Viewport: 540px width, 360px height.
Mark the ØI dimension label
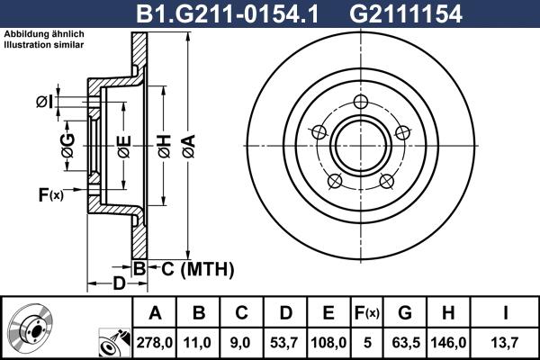(x=45, y=102)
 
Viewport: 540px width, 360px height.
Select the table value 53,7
(x=286, y=342)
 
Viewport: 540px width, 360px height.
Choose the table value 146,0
(x=447, y=342)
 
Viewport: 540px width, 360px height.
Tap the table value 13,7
(x=505, y=342)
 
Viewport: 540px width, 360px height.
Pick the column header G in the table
(x=404, y=314)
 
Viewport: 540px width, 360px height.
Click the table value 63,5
(x=404, y=342)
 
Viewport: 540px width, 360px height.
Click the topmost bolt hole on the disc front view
(x=360, y=102)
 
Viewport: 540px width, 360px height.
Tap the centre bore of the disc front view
(x=360, y=145)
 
